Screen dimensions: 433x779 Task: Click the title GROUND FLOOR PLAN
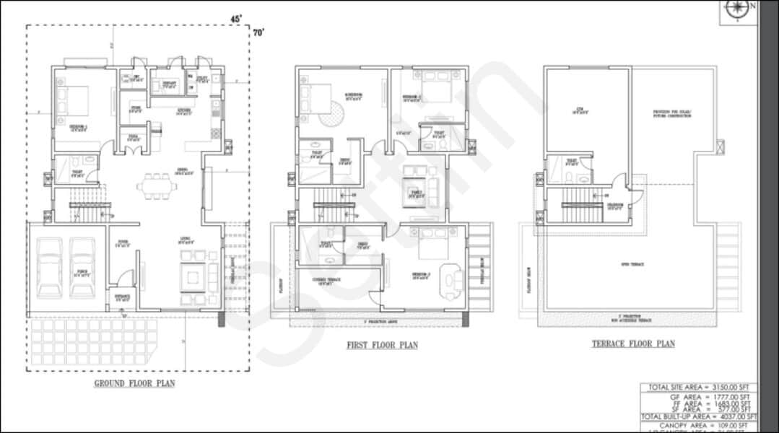(x=134, y=383)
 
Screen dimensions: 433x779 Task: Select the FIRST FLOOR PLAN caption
(x=382, y=345)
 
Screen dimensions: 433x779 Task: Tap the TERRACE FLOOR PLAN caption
(x=633, y=344)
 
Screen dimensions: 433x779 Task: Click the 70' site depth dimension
(x=258, y=32)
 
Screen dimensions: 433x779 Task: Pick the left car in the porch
(x=50, y=268)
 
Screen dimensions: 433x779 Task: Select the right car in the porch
(x=82, y=268)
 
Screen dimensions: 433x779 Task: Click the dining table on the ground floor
(x=157, y=185)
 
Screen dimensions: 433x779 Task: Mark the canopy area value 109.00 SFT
(x=733, y=427)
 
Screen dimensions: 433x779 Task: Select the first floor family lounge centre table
(x=416, y=192)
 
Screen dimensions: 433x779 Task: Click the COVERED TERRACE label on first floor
(x=323, y=281)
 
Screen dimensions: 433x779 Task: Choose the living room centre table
(x=193, y=277)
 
